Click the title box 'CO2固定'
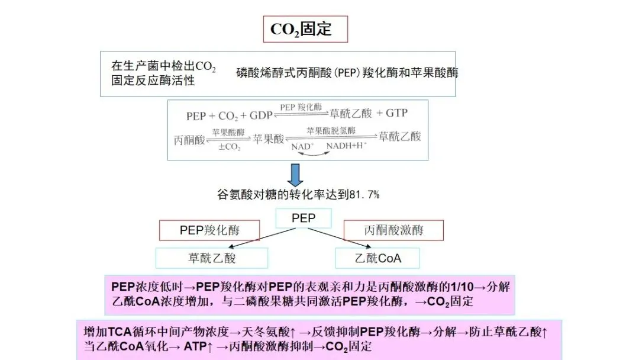305,29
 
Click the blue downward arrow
295,175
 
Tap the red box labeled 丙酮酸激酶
394,230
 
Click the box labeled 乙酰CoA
378,258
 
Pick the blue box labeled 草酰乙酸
212,258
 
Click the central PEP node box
304,218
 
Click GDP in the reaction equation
261,115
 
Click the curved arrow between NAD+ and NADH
314,153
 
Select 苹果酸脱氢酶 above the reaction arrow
331,130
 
